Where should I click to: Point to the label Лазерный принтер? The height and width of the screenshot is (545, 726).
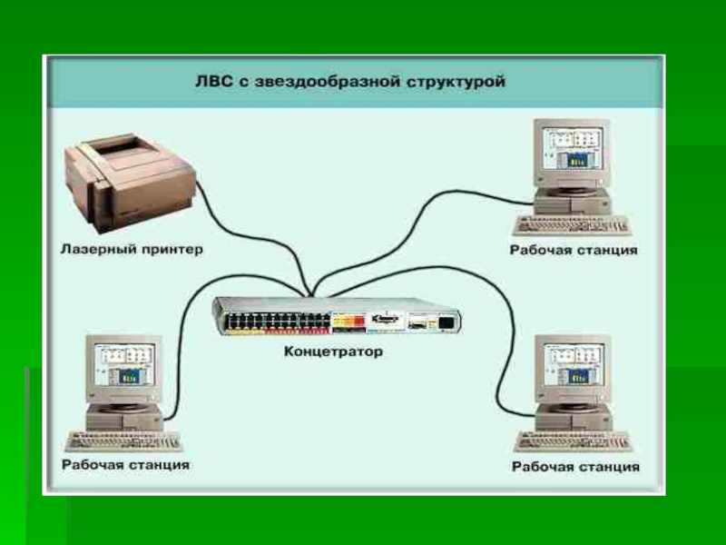pos(132,248)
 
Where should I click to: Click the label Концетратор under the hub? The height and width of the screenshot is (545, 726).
pos(335,351)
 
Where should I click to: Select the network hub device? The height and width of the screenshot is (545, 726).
pos(337,318)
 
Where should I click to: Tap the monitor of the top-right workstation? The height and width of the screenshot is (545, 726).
pos(569,152)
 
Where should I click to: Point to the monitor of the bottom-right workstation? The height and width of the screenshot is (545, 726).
pos(572,369)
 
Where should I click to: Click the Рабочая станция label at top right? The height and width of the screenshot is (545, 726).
pos(574,250)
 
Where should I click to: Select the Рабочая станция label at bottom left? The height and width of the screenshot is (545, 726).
pos(125,464)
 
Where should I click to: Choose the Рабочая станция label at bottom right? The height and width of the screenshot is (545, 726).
pos(575,467)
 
